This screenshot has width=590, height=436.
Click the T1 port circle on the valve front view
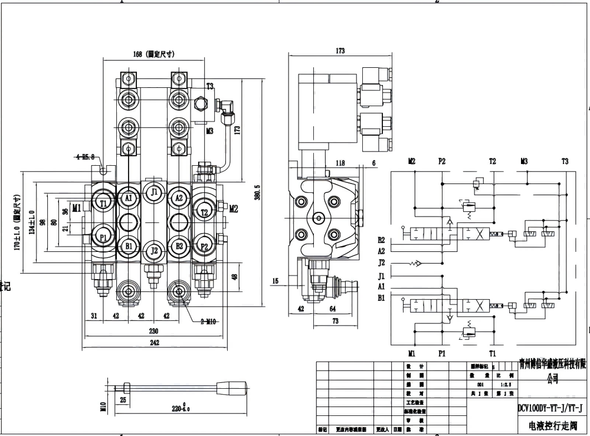click(104, 204)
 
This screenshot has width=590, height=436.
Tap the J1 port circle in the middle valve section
click(154, 192)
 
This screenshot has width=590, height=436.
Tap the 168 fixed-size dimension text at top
click(153, 54)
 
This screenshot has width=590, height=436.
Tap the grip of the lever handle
click(228, 389)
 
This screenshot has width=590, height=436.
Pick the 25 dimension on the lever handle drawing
click(122, 400)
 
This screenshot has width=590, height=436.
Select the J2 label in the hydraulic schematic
click(381, 263)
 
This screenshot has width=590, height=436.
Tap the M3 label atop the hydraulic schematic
click(524, 161)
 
